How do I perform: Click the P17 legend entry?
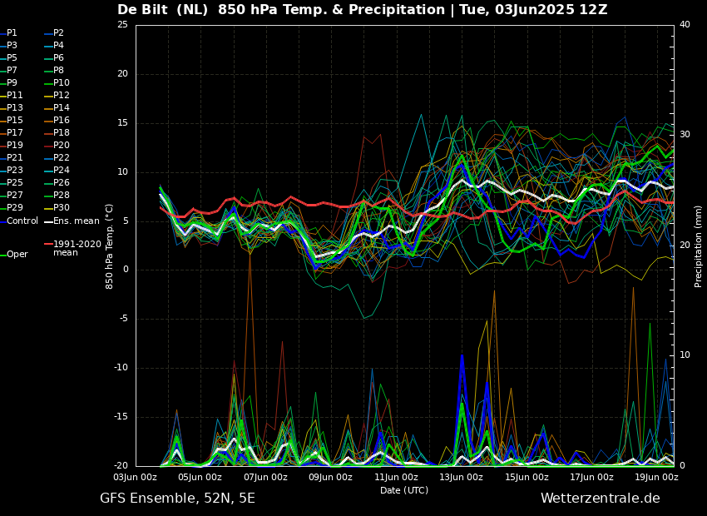coord(15,133)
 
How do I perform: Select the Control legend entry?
coord(22,221)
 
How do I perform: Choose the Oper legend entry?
coord(17,255)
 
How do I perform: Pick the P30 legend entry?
coord(62,208)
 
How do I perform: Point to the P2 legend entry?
coord(58,33)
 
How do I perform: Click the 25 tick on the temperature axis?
coord(122,25)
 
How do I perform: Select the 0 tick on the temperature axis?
coord(125,270)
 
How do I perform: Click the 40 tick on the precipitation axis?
coord(685,25)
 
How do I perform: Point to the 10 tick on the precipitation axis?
coord(685,355)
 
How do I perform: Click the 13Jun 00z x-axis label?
coord(461,478)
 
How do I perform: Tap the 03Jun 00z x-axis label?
coord(135,478)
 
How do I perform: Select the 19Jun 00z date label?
coord(656,478)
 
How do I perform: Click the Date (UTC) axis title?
coord(404,491)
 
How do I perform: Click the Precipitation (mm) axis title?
coord(699,246)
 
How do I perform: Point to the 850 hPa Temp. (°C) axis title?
coord(110,246)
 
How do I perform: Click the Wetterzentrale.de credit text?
coord(600,499)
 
